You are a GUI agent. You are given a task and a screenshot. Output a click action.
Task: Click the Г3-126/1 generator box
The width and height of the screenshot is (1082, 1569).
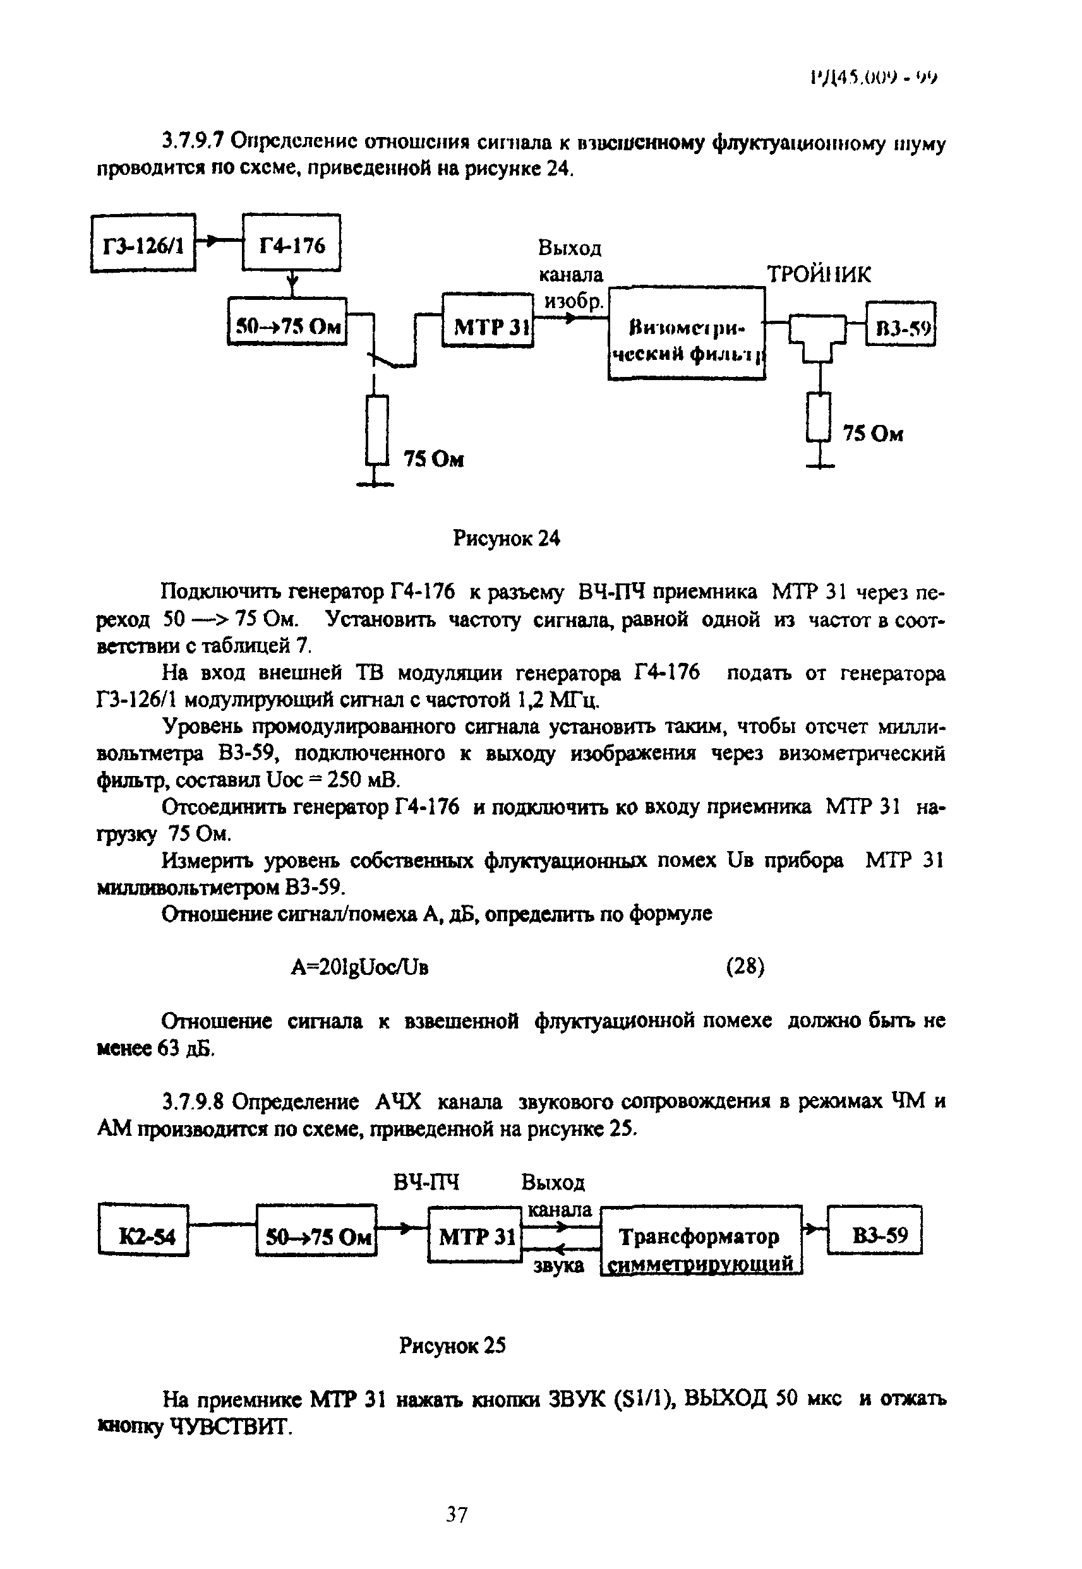pos(143,243)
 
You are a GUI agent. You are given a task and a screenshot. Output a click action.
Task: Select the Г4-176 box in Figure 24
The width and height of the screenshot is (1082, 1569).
pos(292,243)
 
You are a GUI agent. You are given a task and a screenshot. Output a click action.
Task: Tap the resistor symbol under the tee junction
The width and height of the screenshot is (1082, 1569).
pos(820,417)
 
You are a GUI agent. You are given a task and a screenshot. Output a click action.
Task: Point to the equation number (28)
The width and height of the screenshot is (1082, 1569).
pos(745,966)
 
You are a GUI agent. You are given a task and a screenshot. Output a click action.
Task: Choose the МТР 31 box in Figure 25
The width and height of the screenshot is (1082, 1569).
pos(474,1238)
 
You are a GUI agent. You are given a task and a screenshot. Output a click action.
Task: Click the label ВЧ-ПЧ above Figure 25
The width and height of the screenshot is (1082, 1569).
pos(426,1182)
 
